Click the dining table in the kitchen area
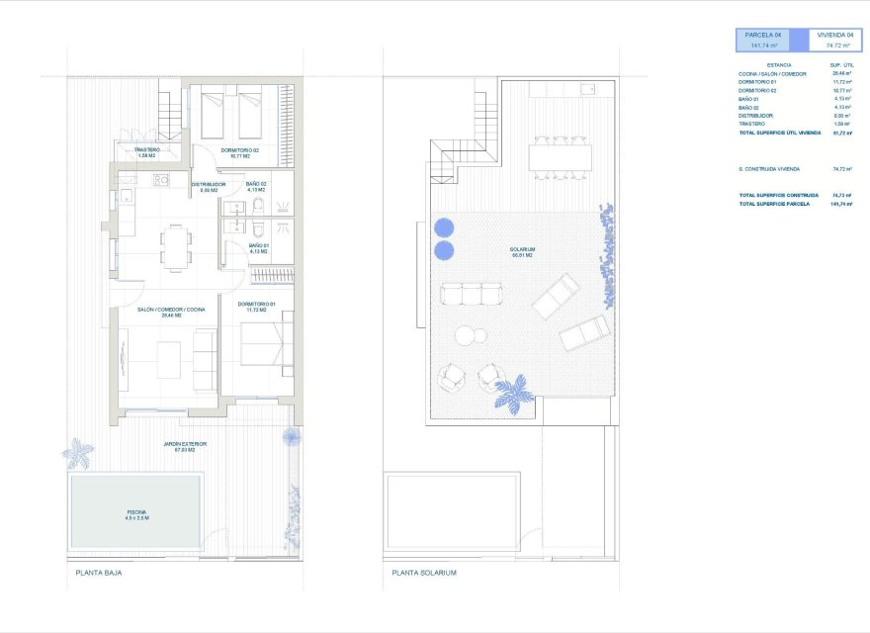click(176, 246)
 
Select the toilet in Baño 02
click(257, 205)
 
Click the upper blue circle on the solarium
click(444, 227)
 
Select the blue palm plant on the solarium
click(514, 394)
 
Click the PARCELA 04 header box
click(771, 40)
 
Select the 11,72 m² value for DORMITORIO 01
click(841, 82)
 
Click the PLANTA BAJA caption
click(98, 573)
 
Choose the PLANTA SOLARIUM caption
click(424, 573)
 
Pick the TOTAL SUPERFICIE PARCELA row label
click(774, 204)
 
